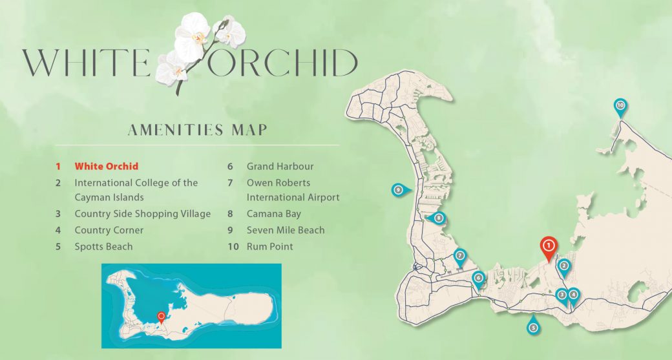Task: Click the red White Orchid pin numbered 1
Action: point(548,246)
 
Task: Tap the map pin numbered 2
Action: point(563,265)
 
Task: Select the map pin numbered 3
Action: point(562,295)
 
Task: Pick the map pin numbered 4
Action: point(573,295)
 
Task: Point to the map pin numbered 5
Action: point(533,327)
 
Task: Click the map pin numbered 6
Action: point(478,279)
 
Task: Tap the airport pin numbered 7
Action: point(460,255)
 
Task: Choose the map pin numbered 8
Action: point(439,218)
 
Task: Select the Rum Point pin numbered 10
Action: point(620,105)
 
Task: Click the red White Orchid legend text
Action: point(107,166)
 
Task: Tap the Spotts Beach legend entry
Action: point(103,246)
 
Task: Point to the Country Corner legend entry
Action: point(109,230)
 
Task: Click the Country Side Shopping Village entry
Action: point(142,214)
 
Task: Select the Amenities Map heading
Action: point(197,130)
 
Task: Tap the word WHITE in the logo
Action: point(87,63)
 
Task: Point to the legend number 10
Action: point(233,246)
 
